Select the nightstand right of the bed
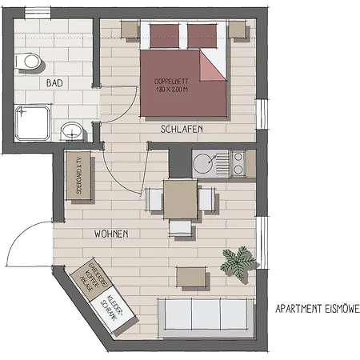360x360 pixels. click(x=237, y=30)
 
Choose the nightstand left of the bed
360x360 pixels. click(x=130, y=30)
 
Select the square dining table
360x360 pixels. click(x=181, y=198)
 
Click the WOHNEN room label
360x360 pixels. click(x=111, y=234)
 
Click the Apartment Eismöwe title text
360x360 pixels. click(x=316, y=308)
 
